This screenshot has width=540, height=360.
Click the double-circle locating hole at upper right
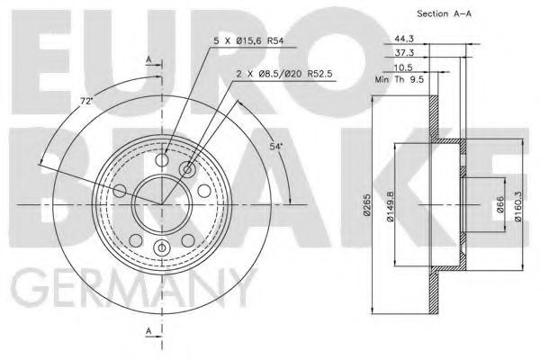pyautogui.click(x=187, y=169)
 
